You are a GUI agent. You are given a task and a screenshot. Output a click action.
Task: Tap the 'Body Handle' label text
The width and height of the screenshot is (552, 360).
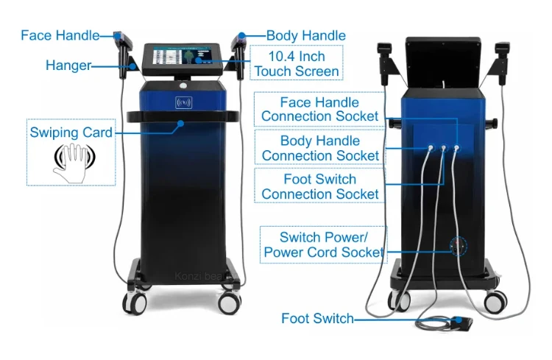click(x=305, y=35)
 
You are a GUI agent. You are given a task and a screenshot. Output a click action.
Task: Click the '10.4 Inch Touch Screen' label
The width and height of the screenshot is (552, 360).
click(x=297, y=64)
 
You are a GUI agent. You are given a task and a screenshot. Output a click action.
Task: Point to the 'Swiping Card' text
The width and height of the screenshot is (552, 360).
click(x=71, y=133)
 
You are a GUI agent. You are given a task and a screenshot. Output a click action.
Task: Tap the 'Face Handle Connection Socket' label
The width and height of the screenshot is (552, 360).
click(x=320, y=110)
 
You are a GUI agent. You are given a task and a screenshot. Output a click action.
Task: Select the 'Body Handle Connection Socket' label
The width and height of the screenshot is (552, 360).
click(x=320, y=148)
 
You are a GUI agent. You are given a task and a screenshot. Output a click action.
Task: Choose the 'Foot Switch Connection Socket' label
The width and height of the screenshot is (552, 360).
click(x=320, y=186)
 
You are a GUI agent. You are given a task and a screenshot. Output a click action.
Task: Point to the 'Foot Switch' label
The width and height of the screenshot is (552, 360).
click(x=317, y=319)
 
